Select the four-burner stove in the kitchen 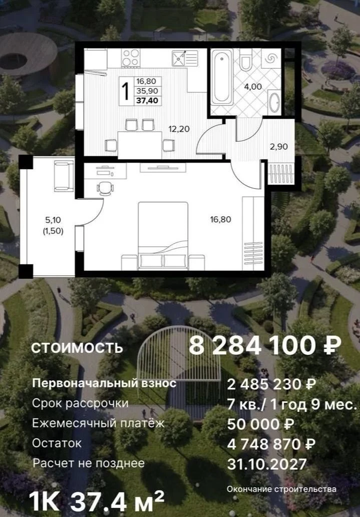tap(130, 58)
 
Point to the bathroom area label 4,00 tap(253, 87)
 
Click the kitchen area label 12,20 tap(179, 129)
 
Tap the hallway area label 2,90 tap(279, 147)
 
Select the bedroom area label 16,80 tap(221, 219)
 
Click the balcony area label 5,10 tap(53, 220)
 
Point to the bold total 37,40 tap(147, 100)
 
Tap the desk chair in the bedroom tap(105, 188)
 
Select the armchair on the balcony tap(64, 176)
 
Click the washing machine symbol tap(271, 58)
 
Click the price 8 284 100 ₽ tap(265, 345)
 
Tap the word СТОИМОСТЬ tap(77, 348)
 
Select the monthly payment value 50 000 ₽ tap(260, 424)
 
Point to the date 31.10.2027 tap(267, 464)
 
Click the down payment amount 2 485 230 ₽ tap(271, 384)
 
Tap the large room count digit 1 tap(125, 91)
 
